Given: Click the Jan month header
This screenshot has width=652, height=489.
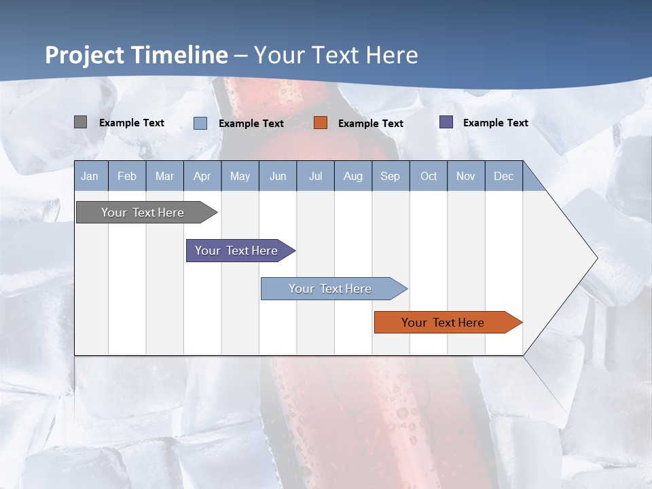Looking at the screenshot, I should coord(90,176).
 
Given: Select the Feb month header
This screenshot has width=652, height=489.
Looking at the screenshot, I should coord(127,176).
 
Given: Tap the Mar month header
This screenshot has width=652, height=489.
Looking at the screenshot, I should coord(164,176).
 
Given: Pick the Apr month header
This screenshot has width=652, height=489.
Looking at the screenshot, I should coord(202,176).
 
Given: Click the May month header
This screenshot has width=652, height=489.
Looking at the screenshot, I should coord(240,176).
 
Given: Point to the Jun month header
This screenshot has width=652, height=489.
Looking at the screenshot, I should coord(278,176).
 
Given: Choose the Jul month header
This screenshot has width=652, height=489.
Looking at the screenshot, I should coord(315,176).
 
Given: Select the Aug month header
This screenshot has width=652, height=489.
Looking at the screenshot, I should coord(353,176).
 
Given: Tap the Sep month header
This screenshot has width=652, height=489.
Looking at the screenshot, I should coord(391,176).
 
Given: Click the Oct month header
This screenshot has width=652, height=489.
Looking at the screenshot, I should coord(429,176).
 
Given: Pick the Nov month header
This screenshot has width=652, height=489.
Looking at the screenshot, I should coord(466,176).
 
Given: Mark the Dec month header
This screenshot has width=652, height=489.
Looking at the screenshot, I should coord(504,176).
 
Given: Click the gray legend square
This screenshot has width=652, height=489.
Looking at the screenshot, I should coord(80,122).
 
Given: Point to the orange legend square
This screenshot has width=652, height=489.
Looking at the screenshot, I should coord(321,123).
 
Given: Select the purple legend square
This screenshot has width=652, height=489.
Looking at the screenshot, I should coord(446,122).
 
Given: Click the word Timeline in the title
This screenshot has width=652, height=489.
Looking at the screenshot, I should coord(179,55).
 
